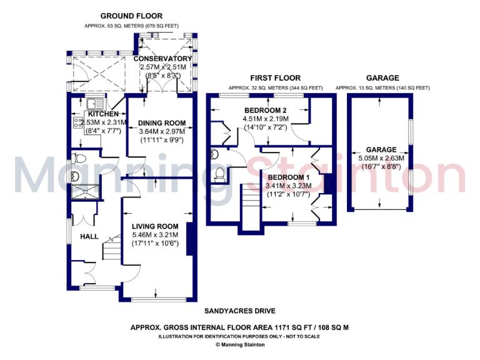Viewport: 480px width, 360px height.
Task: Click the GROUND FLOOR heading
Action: coord(131,16)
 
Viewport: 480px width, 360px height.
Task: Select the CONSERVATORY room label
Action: coord(162,59)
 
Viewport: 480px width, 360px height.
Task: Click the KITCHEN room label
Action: coord(102,114)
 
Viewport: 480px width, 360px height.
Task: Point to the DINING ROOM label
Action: coord(158,122)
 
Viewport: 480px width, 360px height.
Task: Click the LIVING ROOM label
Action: coord(155,226)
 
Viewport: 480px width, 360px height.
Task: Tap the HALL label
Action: coord(89,237)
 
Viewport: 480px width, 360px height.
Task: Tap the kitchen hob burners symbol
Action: coord(79,122)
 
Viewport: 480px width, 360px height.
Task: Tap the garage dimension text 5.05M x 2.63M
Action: coord(381,159)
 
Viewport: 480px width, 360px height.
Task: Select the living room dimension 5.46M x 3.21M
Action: coord(155,234)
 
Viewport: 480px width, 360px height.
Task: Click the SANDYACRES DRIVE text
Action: coord(240,311)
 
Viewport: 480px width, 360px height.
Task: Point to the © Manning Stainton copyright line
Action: coord(239,344)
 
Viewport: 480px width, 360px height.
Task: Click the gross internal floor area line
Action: coord(239,327)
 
